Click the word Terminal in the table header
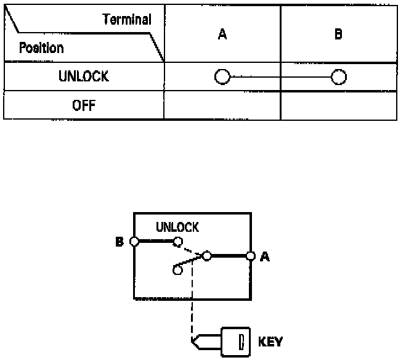click(127, 19)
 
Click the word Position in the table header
click(41, 47)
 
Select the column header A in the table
click(222, 35)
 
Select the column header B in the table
click(338, 35)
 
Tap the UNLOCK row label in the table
click(84, 77)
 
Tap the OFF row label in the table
click(84, 105)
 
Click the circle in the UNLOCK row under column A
click(222, 77)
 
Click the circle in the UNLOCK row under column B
click(338, 77)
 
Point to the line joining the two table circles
click(280, 77)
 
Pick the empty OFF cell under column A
click(222, 105)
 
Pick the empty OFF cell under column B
click(338, 105)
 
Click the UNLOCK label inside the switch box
click(177, 227)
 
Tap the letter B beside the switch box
click(120, 242)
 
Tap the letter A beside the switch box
click(265, 256)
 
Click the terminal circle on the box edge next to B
click(134, 242)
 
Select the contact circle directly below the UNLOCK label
click(177, 242)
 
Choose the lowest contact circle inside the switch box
click(177, 270)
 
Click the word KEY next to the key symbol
click(271, 341)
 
